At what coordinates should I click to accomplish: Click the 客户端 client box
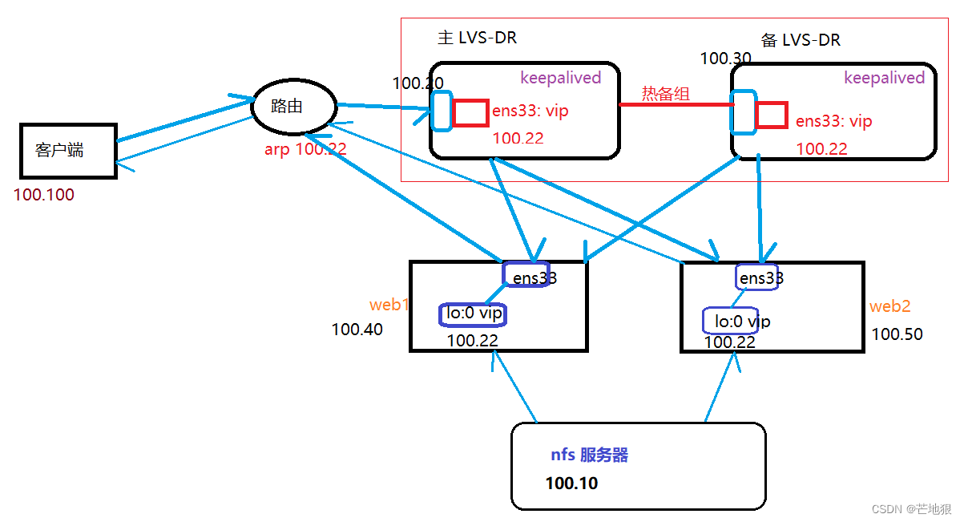[68, 151]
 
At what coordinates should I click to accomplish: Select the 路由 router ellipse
[293, 107]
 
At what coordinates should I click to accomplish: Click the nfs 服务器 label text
[589, 455]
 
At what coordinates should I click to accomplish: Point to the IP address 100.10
[571, 484]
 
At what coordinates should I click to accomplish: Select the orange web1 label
[389, 306]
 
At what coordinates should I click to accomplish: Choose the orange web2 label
[889, 307]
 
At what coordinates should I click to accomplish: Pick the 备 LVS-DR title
[800, 40]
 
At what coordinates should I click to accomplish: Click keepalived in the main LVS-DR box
[560, 78]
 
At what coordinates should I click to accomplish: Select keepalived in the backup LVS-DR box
[884, 78]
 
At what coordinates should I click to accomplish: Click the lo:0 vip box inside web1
[474, 314]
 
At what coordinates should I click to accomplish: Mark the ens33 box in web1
[526, 275]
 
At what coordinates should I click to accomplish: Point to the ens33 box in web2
[756, 277]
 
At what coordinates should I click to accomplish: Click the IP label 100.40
[357, 330]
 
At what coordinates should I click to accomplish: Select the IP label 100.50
[897, 334]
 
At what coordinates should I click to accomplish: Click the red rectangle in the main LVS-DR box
[470, 113]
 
